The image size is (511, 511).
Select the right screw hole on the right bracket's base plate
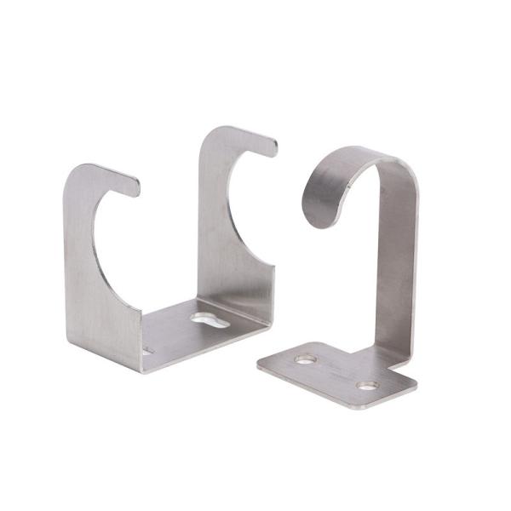click(367, 386)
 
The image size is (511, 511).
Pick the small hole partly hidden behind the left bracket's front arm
click(146, 349)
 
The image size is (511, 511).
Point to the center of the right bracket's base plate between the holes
click(336, 373)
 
